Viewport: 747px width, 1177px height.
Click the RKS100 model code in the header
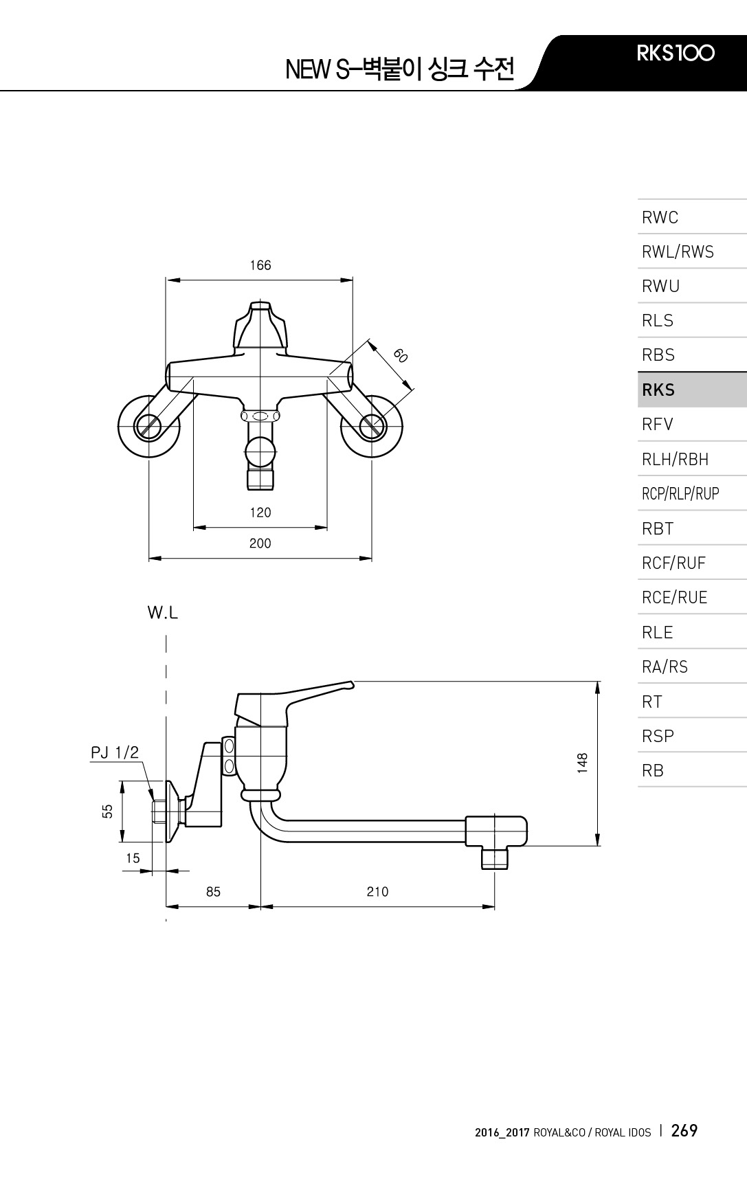[676, 53]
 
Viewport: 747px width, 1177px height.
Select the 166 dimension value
[260, 265]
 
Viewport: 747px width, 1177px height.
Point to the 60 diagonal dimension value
[401, 355]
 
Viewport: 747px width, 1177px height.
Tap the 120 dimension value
[260, 513]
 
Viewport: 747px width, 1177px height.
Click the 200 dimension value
[260, 543]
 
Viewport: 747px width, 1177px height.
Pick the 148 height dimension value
[583, 763]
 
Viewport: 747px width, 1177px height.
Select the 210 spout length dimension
[377, 892]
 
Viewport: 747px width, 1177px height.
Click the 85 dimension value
[214, 892]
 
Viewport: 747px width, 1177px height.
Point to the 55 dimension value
[107, 811]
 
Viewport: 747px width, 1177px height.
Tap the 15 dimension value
[133, 858]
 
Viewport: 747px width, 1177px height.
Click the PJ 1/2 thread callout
[115, 753]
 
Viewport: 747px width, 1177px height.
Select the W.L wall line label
[163, 613]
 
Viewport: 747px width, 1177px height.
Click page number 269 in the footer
[684, 1131]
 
